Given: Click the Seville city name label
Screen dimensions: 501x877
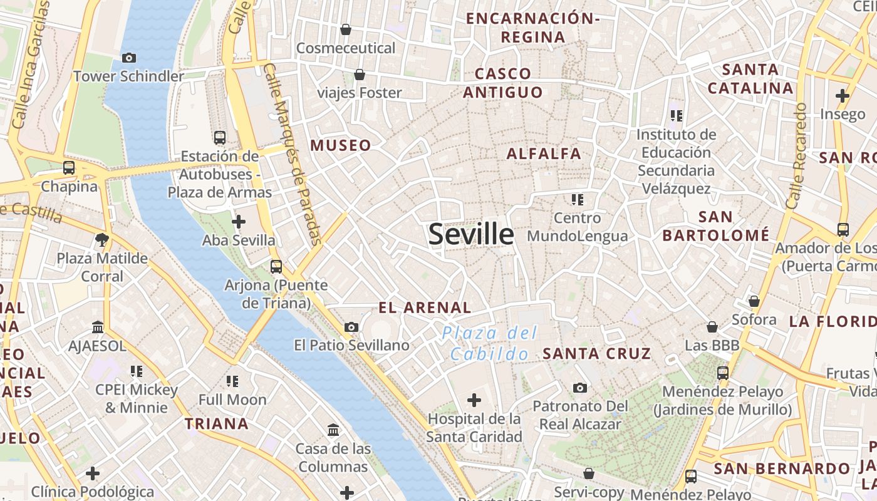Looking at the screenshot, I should pos(471,234).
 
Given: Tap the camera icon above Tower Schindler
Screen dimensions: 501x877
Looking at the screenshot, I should pos(129,58).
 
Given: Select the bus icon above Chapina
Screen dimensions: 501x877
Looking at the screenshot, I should pos(69,168).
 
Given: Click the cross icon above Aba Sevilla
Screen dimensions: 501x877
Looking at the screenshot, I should pos(238,222).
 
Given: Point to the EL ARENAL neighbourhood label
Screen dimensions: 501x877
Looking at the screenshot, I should pos(425,307).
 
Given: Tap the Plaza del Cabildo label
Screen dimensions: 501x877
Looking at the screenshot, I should pos(489,343).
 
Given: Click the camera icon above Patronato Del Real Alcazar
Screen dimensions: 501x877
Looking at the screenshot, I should pos(580,388).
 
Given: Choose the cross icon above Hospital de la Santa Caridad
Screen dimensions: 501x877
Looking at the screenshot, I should pos(474,400).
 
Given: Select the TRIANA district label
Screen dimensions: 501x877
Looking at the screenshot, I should pos(217,424).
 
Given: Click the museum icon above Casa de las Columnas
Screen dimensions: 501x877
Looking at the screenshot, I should pos(333,430).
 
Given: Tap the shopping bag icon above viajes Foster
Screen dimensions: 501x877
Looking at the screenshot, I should pos(360,75).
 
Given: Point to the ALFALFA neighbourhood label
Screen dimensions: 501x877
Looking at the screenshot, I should pos(544,153).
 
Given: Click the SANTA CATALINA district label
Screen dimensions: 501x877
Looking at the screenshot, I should pos(750,78).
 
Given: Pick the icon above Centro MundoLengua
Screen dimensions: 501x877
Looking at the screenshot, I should pos(577,200).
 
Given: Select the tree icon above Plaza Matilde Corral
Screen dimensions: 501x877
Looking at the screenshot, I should pos(102,239).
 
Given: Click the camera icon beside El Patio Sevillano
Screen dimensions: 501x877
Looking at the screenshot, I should pos(351,327).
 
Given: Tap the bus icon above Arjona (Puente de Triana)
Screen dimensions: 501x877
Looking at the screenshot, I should pos(276,266).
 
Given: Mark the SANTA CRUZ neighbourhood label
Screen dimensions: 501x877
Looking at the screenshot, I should pos(597,354).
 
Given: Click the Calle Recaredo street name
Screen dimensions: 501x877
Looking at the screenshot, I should pos(796,157).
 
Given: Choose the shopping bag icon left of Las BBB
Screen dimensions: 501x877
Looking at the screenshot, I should pos(712,327).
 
